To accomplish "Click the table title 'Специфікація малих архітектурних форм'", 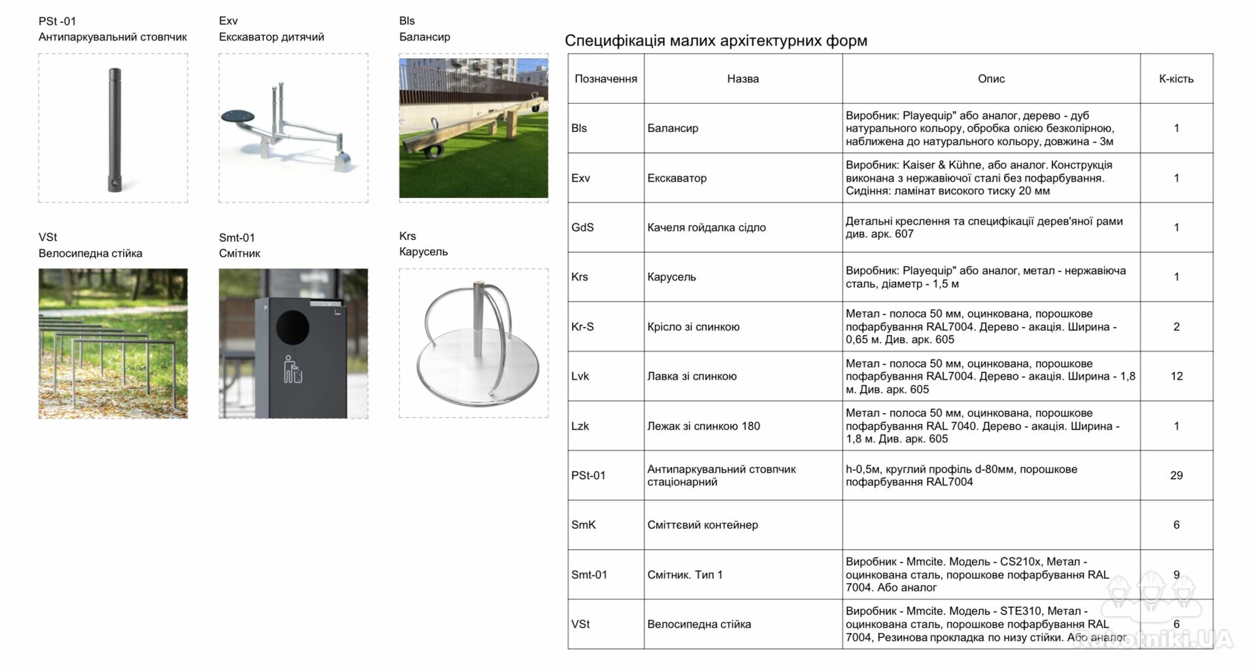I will click(716, 41).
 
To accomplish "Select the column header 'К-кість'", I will click(1176, 78).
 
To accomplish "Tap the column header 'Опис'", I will click(991, 78).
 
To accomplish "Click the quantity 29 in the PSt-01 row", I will click(1176, 475).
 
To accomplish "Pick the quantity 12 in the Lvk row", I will click(1176, 376).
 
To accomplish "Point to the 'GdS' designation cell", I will click(582, 227).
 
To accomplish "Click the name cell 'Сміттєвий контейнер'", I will click(703, 525).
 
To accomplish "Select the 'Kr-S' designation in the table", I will click(582, 327).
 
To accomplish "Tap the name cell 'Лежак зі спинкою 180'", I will click(703, 426).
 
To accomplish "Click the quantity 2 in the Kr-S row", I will click(1176, 327).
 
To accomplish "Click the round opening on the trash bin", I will click(292, 326).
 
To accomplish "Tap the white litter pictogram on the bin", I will click(292, 369).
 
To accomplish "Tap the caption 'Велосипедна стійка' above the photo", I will click(90, 253).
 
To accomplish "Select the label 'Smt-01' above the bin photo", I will click(237, 237).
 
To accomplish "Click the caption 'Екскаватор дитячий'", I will click(271, 37).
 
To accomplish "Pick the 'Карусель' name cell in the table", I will click(671, 277).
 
